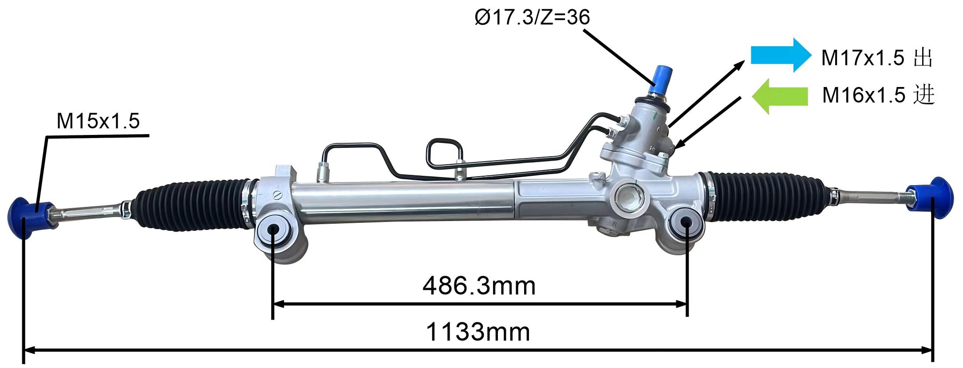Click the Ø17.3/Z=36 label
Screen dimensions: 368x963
point(532,18)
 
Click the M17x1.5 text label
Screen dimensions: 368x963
point(862,58)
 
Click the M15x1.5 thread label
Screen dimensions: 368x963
point(98,121)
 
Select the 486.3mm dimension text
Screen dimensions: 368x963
point(479,286)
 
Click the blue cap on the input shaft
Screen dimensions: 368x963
point(660,80)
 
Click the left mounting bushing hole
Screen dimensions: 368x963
point(272,229)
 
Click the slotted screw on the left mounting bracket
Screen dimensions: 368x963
point(278,194)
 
